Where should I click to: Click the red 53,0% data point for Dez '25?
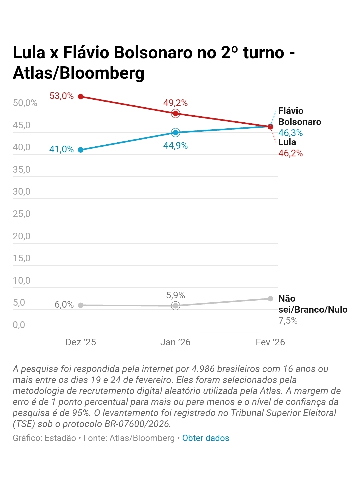[x=81, y=97]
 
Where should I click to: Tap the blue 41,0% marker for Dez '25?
[x=81, y=150]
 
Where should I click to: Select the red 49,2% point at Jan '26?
[x=176, y=114]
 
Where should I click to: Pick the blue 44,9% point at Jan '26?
[x=176, y=133]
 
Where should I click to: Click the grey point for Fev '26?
[x=270, y=299]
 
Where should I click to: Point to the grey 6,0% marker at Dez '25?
[x=81, y=305]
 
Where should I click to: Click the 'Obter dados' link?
[x=206, y=438]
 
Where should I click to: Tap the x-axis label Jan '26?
[x=175, y=342]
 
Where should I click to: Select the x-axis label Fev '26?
[x=270, y=342]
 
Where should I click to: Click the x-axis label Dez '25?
[x=81, y=342]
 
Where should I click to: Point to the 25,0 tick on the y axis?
[x=22, y=214]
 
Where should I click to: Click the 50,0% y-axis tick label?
[x=25, y=103]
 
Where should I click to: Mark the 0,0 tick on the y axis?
[x=19, y=325]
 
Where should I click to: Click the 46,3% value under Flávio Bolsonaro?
[x=291, y=133]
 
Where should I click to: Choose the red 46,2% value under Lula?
[x=291, y=153]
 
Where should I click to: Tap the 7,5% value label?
[x=288, y=321]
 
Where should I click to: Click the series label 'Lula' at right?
[x=287, y=142]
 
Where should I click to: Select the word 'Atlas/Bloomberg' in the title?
[x=79, y=73]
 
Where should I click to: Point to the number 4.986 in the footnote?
[x=203, y=369]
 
